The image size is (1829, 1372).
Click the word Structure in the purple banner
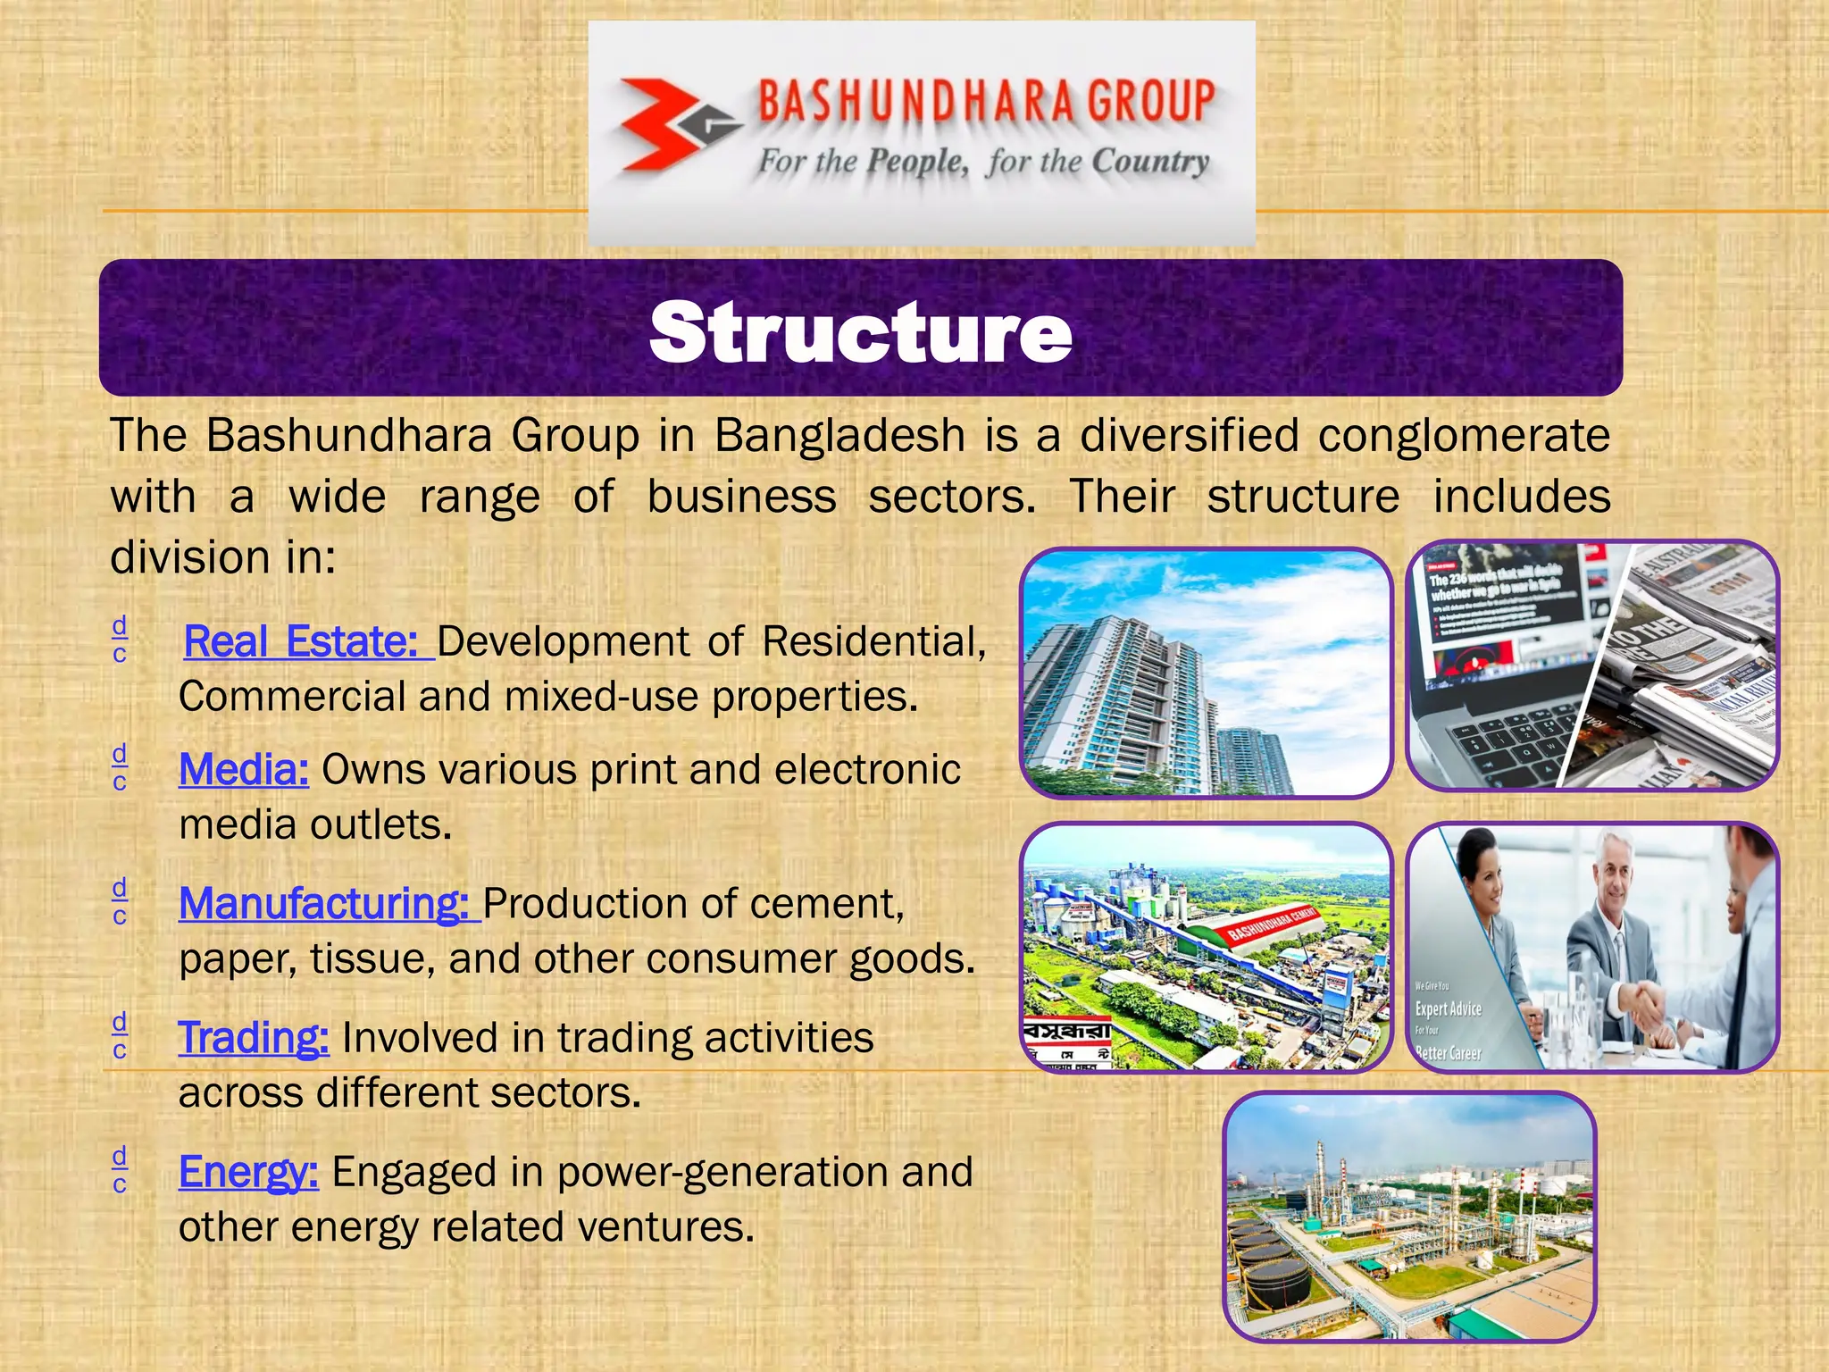[860, 331]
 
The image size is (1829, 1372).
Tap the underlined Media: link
[244, 769]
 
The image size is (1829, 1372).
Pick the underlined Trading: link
[254, 1037]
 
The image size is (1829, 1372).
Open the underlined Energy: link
[248, 1171]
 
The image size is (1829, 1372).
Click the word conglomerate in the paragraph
[1464, 436]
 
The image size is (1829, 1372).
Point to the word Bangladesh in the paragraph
[839, 436]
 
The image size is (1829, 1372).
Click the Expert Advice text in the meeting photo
[1448, 1008]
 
